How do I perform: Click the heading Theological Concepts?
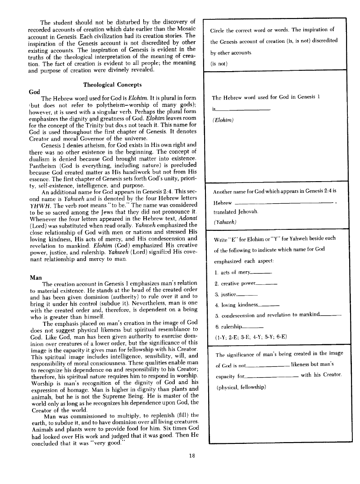pos(112,85)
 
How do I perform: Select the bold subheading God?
pos(34,91)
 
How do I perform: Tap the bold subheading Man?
pos(35,277)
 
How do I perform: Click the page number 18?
pos(192,455)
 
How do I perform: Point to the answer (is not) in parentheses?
pos(219,64)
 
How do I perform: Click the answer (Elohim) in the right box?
pos(223,120)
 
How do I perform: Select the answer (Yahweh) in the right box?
pos(224,222)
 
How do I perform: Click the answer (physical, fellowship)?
pos(241,387)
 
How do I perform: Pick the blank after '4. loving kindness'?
pos(270,306)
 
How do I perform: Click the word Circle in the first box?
pos(219,30)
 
